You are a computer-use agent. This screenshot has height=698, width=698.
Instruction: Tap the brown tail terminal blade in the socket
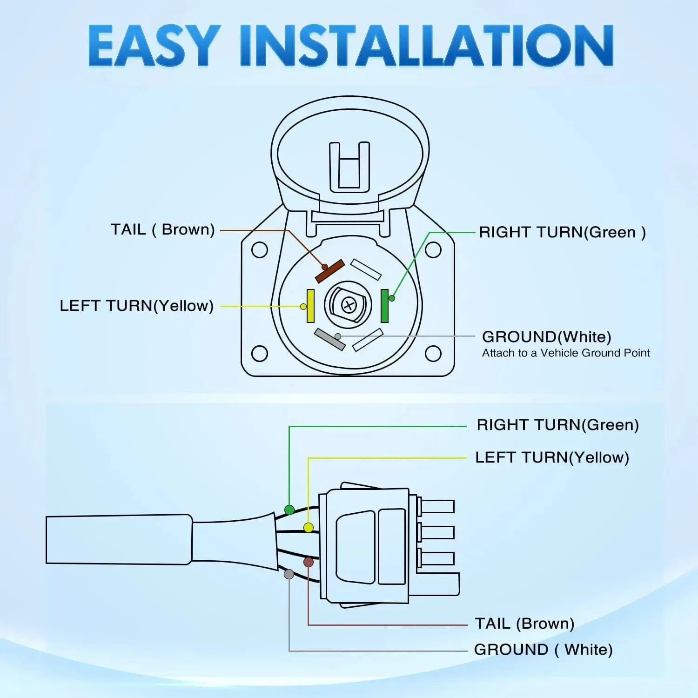pos(330,271)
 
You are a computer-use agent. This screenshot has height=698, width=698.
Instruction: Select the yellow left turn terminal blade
pos(310,306)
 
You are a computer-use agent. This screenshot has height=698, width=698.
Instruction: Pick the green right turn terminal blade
pos(384,306)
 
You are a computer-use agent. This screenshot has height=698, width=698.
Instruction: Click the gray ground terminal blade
pos(329,339)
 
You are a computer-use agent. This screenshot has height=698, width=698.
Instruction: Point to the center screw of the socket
pos(349,305)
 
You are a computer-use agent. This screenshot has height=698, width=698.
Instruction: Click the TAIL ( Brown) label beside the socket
pos(162,229)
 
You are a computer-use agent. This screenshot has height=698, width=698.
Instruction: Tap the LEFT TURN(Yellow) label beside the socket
pos(136,306)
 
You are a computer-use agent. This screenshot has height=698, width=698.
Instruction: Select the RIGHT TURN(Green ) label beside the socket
pos(563,232)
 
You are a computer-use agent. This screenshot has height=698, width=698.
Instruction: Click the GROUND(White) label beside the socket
pos(547,336)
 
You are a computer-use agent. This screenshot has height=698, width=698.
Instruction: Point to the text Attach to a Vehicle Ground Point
pos(566,353)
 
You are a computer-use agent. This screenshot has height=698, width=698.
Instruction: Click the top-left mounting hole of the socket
pos(260,250)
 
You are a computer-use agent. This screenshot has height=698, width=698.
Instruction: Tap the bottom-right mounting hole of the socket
pos(433,354)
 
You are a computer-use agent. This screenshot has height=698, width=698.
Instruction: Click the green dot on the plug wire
pos(289,510)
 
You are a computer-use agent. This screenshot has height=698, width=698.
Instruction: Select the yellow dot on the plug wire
pos(308,527)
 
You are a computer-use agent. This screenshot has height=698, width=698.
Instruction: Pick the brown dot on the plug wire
pos(308,562)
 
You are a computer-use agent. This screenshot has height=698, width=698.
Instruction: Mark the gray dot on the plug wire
pos(289,574)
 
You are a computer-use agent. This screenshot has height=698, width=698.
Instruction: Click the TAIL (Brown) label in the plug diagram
pos(524,624)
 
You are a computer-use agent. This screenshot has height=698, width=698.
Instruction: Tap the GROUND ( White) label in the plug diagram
pos(543,650)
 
